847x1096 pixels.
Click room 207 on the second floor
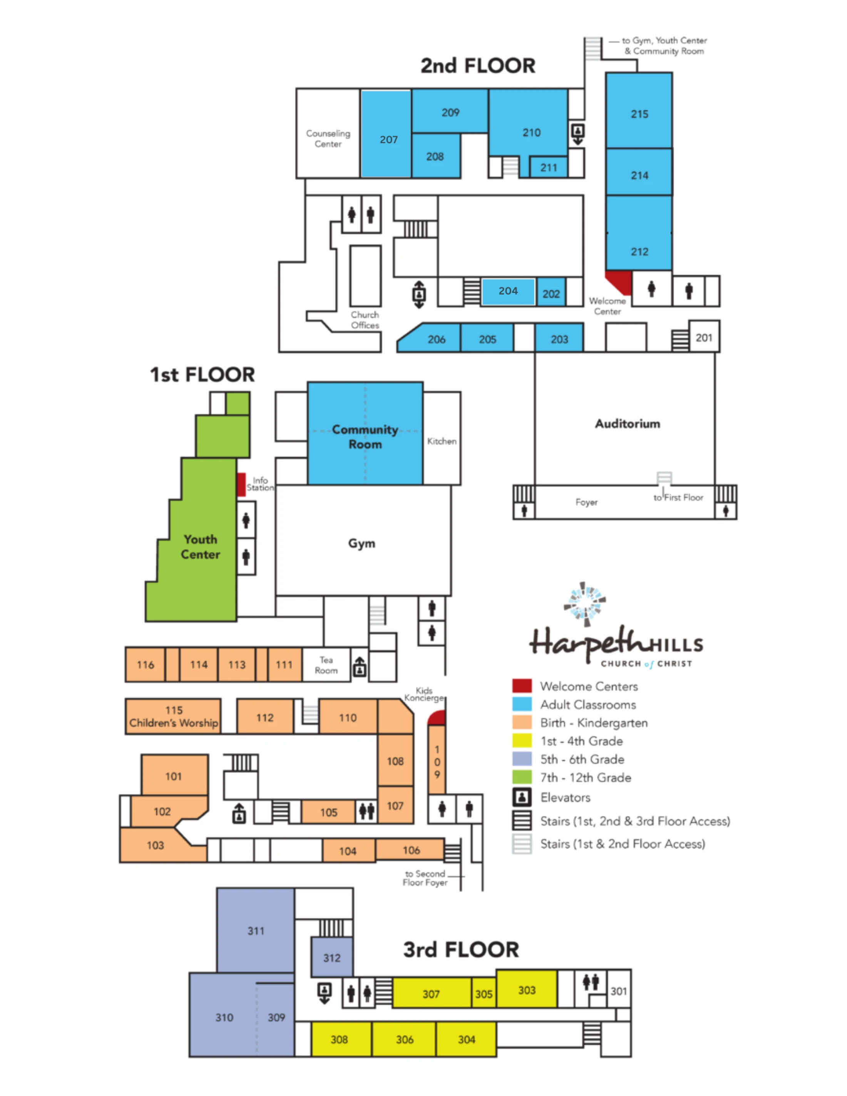click(386, 134)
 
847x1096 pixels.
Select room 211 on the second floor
click(548, 167)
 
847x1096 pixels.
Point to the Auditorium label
click(627, 424)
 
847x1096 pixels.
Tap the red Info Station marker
click(241, 484)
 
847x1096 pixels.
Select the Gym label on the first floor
click(362, 543)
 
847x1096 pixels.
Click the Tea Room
click(326, 665)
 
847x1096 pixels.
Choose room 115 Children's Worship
click(173, 716)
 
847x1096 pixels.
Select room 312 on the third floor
click(332, 957)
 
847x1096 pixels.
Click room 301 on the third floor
click(619, 991)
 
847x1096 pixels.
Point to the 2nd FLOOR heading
click(478, 66)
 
